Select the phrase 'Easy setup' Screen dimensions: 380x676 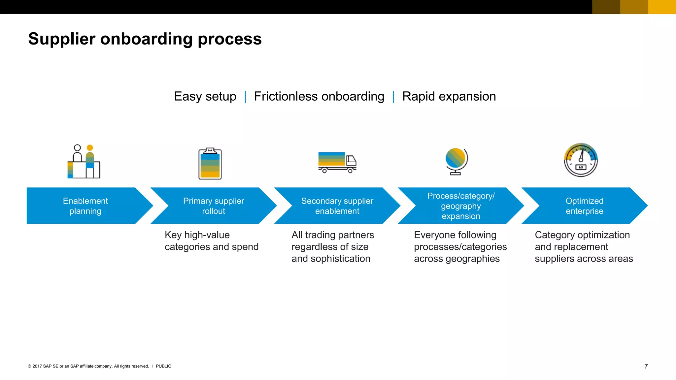(205, 97)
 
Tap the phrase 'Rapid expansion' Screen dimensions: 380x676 (449, 97)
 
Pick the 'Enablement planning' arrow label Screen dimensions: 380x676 (85, 206)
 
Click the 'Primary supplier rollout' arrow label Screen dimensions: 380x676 (214, 206)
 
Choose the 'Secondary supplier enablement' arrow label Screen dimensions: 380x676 (337, 206)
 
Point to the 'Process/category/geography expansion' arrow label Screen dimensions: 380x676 (461, 206)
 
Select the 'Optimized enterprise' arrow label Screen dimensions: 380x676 (584, 206)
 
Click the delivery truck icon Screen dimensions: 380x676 (337, 162)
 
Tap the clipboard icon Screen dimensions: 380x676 (210, 164)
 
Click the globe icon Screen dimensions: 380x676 (456, 161)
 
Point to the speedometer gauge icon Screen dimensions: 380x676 (581, 160)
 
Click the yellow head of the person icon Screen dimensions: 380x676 (90, 148)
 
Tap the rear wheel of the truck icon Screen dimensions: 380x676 (324, 171)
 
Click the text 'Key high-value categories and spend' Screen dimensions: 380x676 (211, 241)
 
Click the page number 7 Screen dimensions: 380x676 (646, 366)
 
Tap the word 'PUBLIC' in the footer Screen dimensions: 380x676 (163, 366)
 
